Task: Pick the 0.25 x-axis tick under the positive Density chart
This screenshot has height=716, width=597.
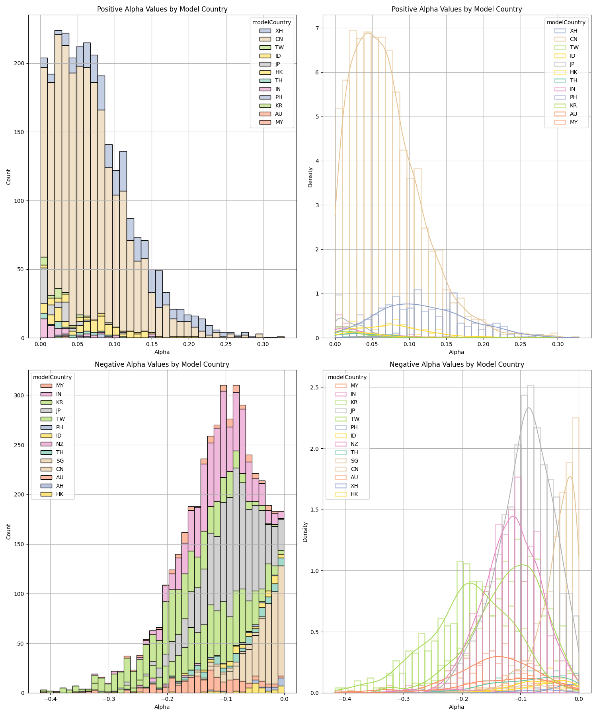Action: point(521,344)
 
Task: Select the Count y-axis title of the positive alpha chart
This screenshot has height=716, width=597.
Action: point(9,176)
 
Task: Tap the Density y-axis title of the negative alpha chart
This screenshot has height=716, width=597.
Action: point(305,532)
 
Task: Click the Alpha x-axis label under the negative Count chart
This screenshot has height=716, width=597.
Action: point(162,707)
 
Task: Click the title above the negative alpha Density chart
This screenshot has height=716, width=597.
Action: point(457,364)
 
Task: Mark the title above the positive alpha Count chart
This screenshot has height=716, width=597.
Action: point(162,9)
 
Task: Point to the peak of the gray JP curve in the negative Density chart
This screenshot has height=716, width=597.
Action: point(529,408)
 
